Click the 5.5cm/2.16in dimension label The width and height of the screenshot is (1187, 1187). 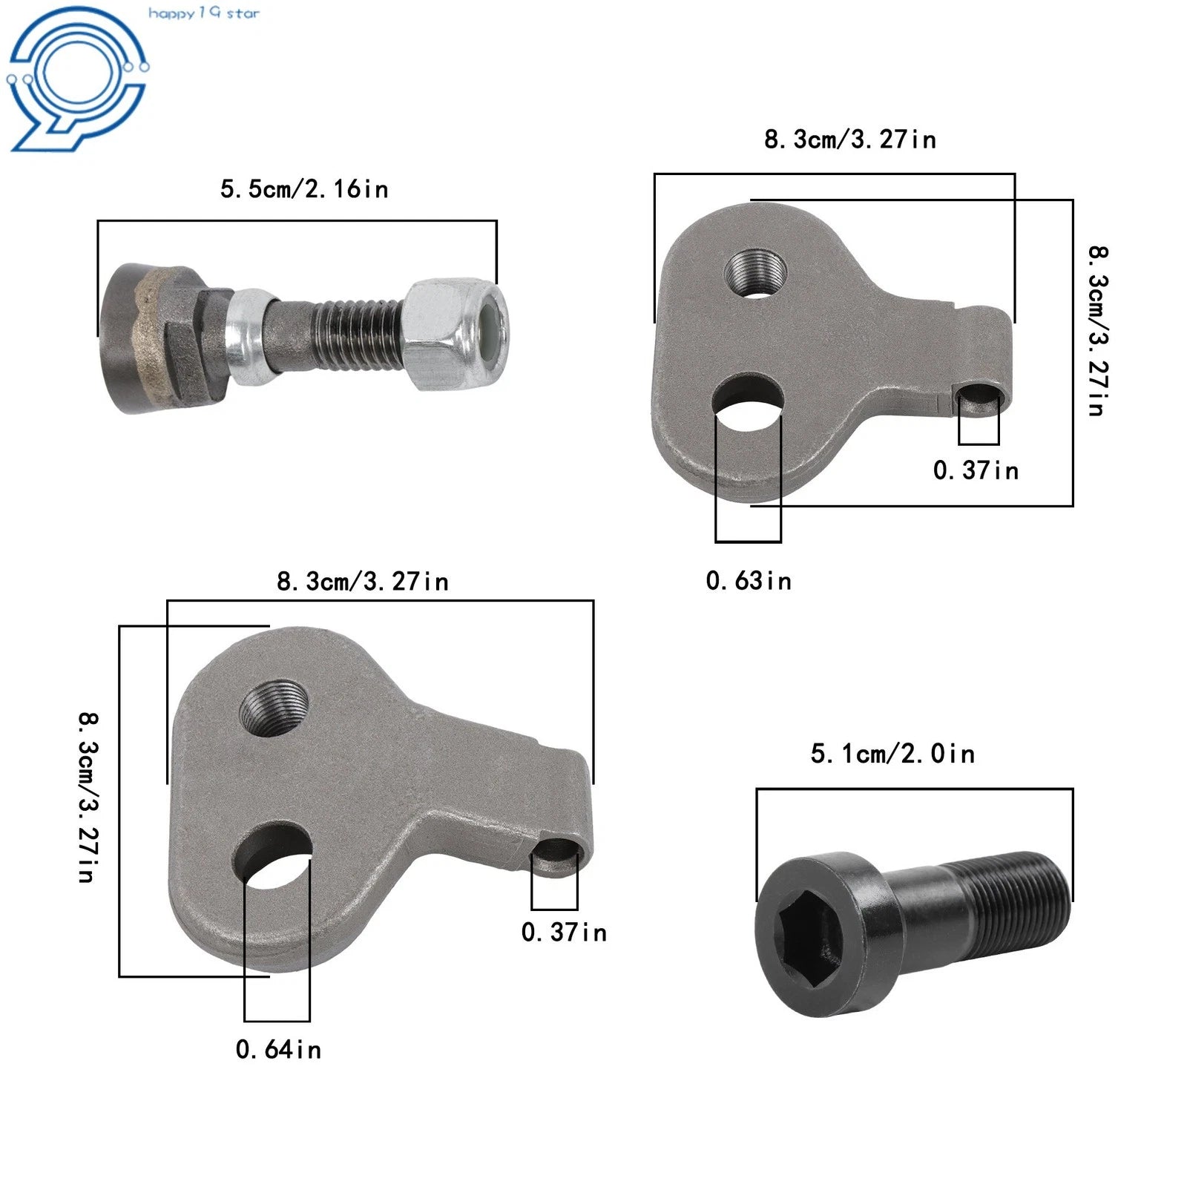click(x=304, y=189)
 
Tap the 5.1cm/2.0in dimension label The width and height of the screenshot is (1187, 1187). click(x=892, y=754)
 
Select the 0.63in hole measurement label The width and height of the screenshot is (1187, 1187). click(x=749, y=580)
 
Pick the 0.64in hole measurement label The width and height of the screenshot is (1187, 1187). click(x=278, y=1049)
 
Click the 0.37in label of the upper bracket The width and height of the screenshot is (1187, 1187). click(x=976, y=470)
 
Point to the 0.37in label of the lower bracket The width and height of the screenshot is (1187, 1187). click(x=564, y=932)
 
